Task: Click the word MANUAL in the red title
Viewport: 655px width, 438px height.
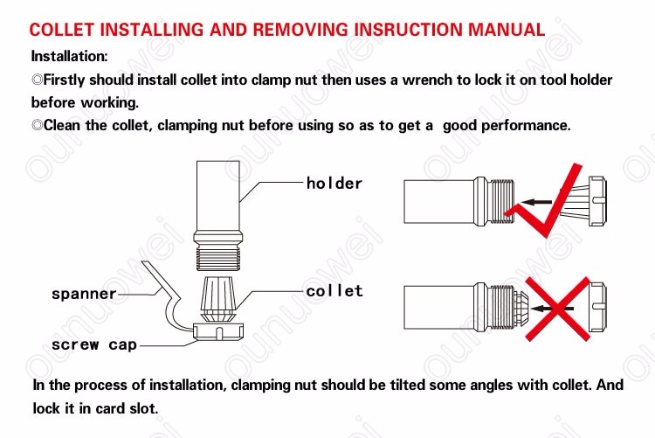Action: click(x=507, y=30)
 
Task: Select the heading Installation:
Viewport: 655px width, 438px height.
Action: click(x=69, y=56)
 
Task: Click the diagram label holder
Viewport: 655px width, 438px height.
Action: click(x=334, y=184)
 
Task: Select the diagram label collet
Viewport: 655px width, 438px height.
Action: click(x=334, y=291)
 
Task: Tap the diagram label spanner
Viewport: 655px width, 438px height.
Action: click(x=84, y=294)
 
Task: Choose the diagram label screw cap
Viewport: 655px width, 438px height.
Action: click(x=94, y=344)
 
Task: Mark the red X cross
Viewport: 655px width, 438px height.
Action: click(x=558, y=309)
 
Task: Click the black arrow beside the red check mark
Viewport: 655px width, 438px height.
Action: click(x=536, y=202)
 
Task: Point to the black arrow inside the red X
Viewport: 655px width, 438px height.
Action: click(x=554, y=309)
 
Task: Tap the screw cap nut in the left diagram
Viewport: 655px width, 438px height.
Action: click(x=218, y=331)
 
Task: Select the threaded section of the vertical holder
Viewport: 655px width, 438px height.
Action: click(x=217, y=257)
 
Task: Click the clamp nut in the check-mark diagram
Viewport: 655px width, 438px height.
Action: click(x=597, y=201)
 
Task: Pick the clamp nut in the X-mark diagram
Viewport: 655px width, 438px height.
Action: click(x=597, y=308)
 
